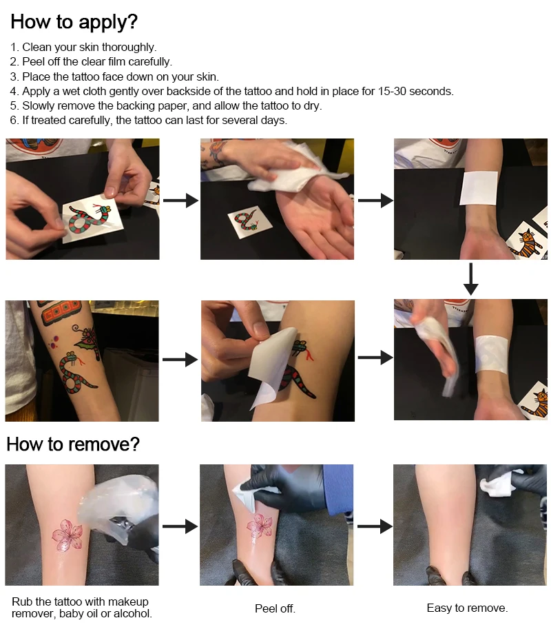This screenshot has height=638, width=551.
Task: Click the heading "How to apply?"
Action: (x=74, y=22)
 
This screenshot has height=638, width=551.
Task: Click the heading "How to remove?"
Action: (x=73, y=444)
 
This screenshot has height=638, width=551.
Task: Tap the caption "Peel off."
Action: (x=275, y=608)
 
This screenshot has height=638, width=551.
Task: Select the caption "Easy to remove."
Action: (x=467, y=608)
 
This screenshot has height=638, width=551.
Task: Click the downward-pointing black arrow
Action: (x=470, y=279)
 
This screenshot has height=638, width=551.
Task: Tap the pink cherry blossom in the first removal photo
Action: (x=67, y=535)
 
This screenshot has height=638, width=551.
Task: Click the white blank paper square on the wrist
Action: (x=479, y=187)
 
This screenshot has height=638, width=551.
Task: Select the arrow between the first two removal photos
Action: (x=180, y=526)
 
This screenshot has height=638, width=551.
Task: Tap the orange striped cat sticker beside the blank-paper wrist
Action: (x=527, y=243)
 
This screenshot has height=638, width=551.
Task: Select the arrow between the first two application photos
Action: (x=181, y=200)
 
